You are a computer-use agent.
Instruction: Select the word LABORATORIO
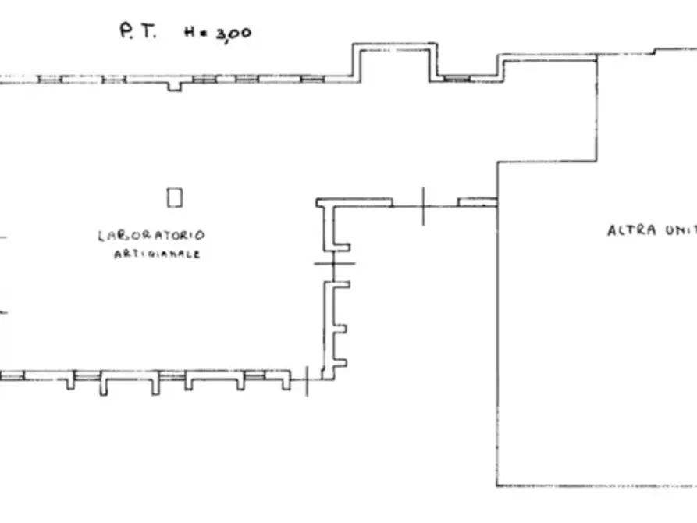(151, 235)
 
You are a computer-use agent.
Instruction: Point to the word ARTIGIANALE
(157, 254)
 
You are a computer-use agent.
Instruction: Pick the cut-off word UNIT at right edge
(679, 231)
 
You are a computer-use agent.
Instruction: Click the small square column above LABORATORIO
(175, 197)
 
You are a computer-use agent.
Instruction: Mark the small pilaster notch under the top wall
(175, 85)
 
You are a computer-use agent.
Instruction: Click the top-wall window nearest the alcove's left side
(312, 79)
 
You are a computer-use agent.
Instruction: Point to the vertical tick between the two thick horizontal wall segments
(423, 206)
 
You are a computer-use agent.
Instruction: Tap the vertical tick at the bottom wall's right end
(307, 380)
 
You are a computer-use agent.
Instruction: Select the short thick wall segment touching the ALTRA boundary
(476, 202)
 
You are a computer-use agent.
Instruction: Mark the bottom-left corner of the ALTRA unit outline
(497, 485)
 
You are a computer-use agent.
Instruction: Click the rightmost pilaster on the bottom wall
(286, 382)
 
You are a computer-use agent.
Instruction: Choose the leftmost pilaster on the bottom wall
(70, 382)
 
